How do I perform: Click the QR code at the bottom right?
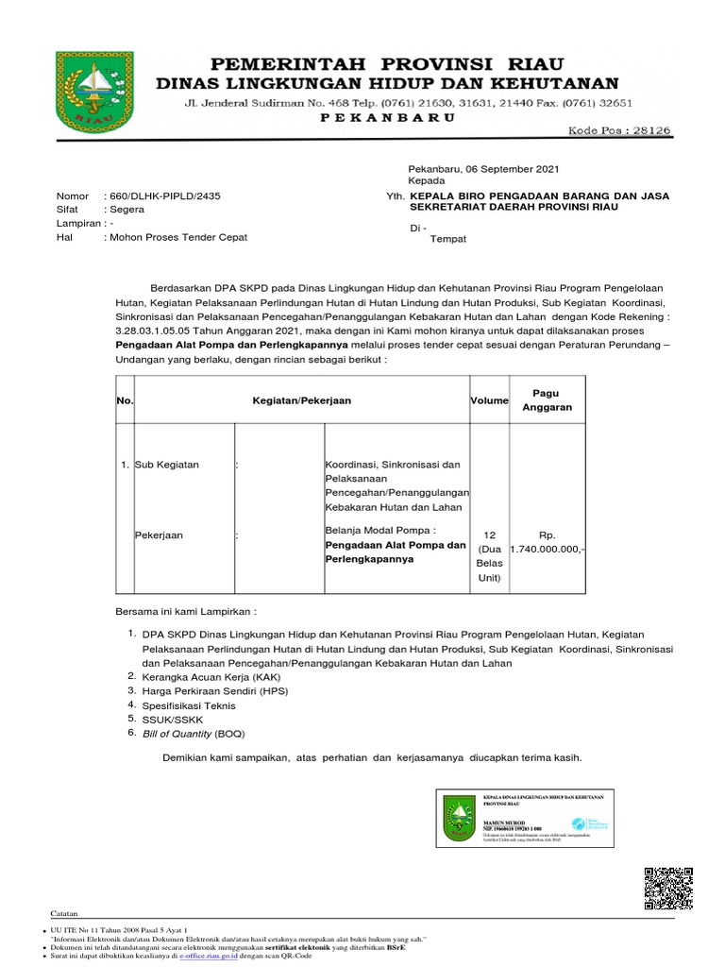tap(667, 887)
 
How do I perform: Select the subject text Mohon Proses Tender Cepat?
tap(178, 237)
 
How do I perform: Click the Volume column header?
tap(489, 400)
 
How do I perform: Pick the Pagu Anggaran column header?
tap(547, 399)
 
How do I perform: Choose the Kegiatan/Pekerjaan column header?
tap(301, 400)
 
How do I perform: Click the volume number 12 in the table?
tap(489, 534)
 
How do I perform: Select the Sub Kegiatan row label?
tap(166, 465)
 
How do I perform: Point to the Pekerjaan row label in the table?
tap(159, 535)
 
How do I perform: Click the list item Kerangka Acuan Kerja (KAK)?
tap(208, 677)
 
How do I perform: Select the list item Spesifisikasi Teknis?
tap(189, 705)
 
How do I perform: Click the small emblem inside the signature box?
tap(459, 817)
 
